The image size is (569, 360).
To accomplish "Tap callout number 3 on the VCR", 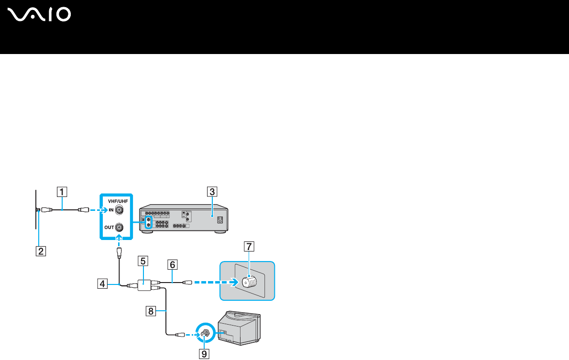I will click(211, 192).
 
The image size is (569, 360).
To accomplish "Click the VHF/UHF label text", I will click(115, 201).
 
